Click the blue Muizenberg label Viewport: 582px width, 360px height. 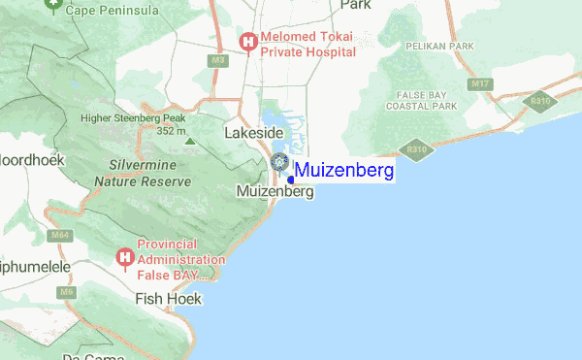(x=344, y=172)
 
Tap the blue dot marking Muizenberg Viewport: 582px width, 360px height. (x=291, y=180)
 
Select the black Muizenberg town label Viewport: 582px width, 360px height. (x=275, y=192)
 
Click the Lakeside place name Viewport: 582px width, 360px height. (x=253, y=132)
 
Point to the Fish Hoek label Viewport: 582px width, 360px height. (x=169, y=299)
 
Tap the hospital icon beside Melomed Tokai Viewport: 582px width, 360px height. (x=248, y=42)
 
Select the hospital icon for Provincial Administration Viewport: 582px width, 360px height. (x=124, y=257)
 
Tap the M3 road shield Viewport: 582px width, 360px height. (x=219, y=61)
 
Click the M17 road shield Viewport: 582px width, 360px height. (x=479, y=84)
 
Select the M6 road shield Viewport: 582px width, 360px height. (x=66, y=291)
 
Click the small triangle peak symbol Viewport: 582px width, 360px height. (x=189, y=143)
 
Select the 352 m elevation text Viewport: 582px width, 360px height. (x=171, y=131)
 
